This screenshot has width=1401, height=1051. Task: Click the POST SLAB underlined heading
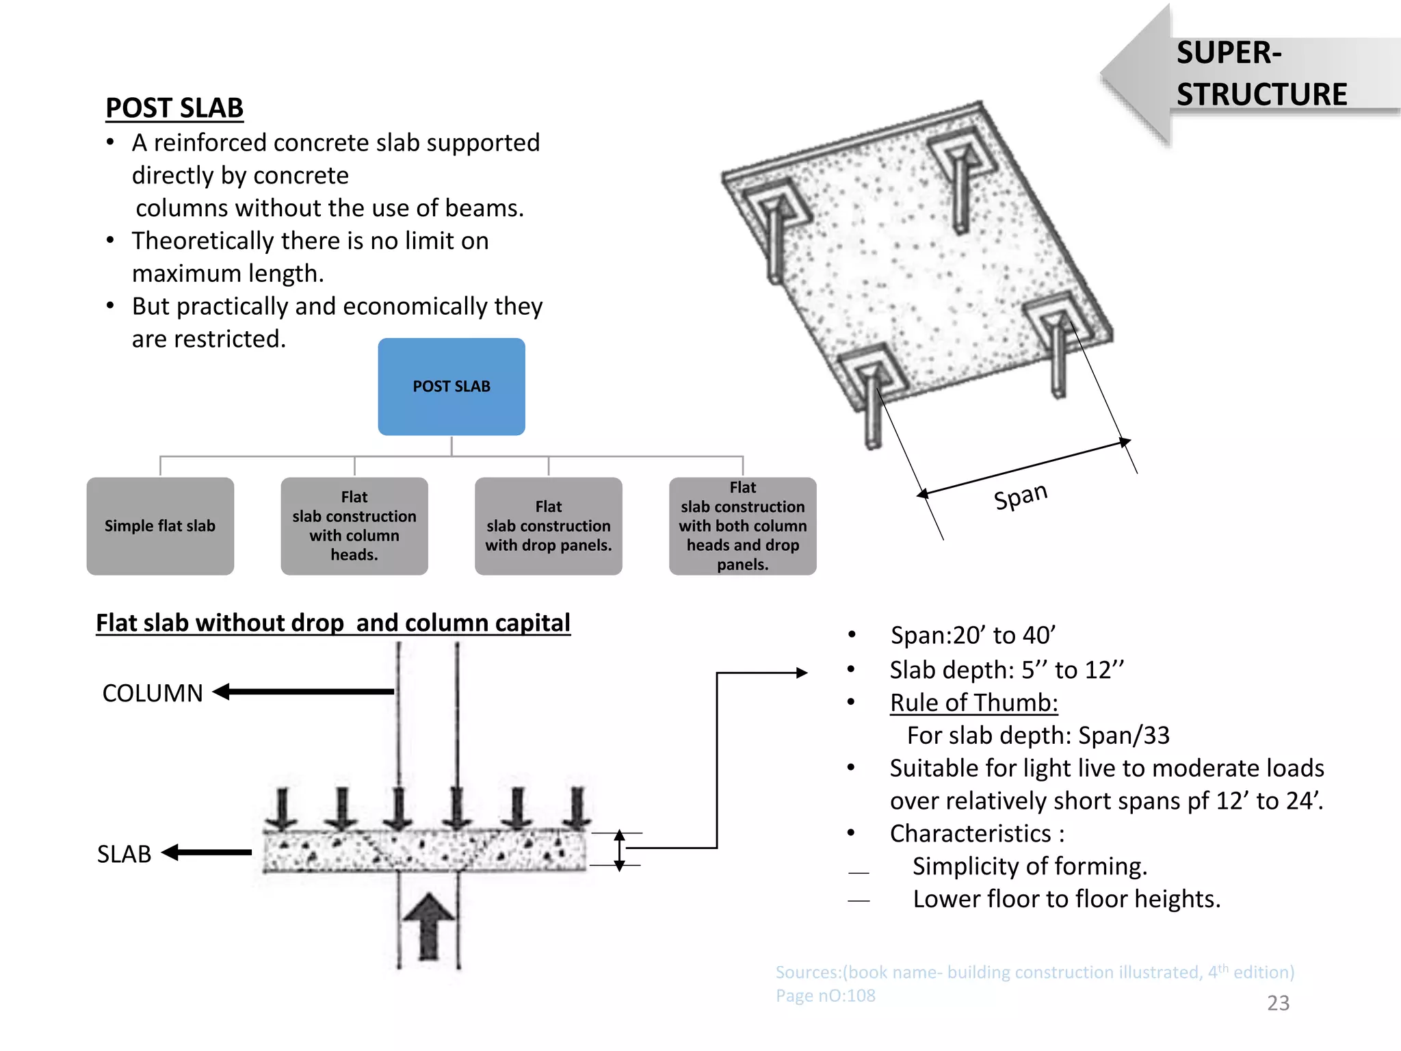pyautogui.click(x=174, y=108)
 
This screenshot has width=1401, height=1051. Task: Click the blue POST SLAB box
pyautogui.click(x=451, y=387)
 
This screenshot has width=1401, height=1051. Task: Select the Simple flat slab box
pyautogui.click(x=160, y=525)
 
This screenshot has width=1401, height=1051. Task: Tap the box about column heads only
pyautogui.click(x=354, y=525)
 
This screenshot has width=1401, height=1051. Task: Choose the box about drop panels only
pyautogui.click(x=549, y=525)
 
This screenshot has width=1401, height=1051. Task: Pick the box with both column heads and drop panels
pyautogui.click(x=743, y=525)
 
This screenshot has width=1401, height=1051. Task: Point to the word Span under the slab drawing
pyautogui.click(x=1020, y=495)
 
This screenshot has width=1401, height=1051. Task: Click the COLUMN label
pyautogui.click(x=153, y=693)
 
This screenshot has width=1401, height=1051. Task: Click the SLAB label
pyautogui.click(x=124, y=854)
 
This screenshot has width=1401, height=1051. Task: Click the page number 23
pyautogui.click(x=1278, y=1003)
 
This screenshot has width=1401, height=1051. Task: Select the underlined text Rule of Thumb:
pyautogui.click(x=973, y=703)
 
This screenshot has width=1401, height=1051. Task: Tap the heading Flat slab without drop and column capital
pyautogui.click(x=332, y=623)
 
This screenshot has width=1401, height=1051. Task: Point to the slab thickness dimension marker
pyautogui.click(x=619, y=850)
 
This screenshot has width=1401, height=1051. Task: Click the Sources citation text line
pyautogui.click(x=1034, y=972)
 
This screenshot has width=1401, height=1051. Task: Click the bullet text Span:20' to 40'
pyautogui.click(x=973, y=635)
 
